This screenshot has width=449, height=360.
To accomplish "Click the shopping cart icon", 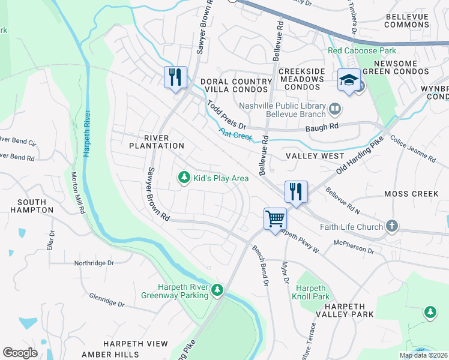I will click(x=275, y=218).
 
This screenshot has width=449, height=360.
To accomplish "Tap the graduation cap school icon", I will click(x=349, y=80).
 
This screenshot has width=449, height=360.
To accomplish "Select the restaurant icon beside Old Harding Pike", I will click(x=295, y=192).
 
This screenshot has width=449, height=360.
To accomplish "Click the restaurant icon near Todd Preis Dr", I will click(x=175, y=77).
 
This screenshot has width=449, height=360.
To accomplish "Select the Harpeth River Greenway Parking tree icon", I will click(x=217, y=290).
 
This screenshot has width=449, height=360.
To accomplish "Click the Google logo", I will click(x=20, y=353).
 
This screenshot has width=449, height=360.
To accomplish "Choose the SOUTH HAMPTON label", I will click(x=32, y=206).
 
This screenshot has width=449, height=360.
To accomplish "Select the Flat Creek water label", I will click(x=235, y=135).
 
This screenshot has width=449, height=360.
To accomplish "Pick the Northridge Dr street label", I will click(x=94, y=263).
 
